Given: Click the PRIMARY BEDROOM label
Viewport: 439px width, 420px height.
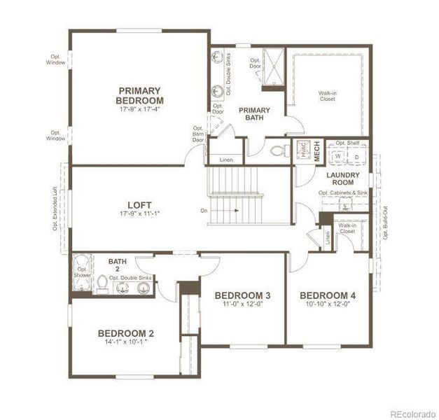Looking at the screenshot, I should [139, 95].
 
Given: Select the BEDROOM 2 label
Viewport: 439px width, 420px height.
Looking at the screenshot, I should [125, 333].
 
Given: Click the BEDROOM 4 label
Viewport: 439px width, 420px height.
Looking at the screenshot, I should [327, 295].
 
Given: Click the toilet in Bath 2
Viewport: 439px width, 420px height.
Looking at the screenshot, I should [103, 283].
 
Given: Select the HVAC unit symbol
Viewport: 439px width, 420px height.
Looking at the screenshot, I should [302, 151].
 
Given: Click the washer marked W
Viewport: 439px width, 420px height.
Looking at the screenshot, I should [337, 157].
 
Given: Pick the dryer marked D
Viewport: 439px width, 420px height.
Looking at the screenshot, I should [356, 157].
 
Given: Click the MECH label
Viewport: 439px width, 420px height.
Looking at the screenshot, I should [316, 152].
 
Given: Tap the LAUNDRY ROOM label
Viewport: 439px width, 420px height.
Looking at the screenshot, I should [342, 179].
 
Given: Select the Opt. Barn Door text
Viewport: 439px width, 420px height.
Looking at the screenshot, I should [200, 134].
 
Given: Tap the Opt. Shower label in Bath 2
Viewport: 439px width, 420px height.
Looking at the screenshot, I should [82, 272].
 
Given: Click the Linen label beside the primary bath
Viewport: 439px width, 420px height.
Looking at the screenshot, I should [225, 160].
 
